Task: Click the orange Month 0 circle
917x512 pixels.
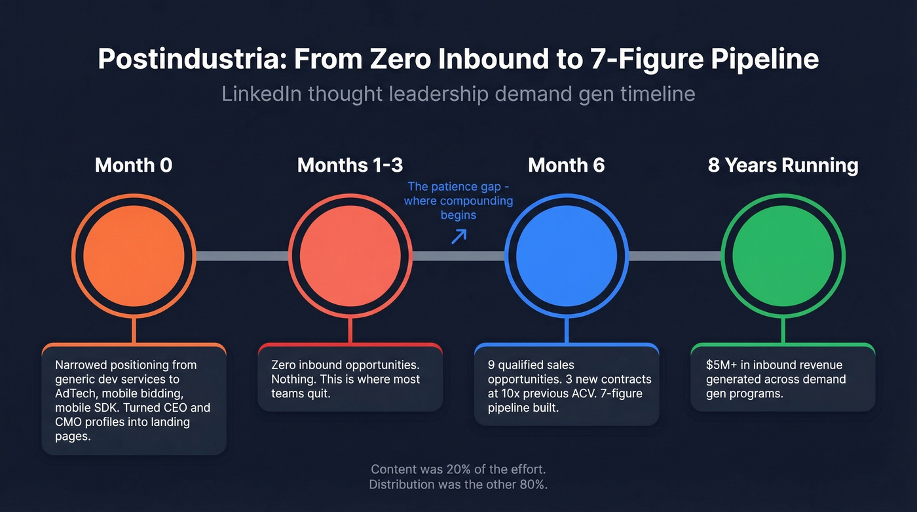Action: (134, 256)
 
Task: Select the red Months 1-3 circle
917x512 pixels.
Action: (350, 256)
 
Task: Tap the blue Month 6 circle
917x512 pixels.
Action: (567, 256)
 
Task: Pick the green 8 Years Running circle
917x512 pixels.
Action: (783, 256)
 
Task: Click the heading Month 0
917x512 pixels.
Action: (134, 165)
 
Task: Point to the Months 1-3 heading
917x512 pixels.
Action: (350, 165)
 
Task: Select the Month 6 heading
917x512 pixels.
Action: (567, 165)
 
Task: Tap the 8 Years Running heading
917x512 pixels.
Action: (783, 165)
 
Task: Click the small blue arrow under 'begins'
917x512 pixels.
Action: (458, 236)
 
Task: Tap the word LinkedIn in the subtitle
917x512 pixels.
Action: (261, 93)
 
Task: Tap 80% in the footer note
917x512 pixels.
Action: (536, 484)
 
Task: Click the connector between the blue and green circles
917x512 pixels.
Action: (675, 256)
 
